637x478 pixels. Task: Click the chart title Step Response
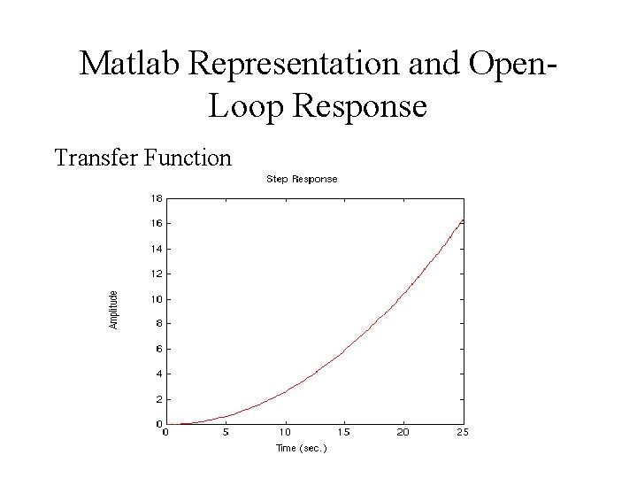tap(302, 179)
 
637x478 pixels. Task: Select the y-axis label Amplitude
tap(113, 310)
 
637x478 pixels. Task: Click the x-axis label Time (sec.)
tap(302, 448)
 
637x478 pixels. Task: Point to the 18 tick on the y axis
tap(156, 197)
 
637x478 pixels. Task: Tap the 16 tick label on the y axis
tap(156, 223)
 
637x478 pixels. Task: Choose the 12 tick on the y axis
tap(156, 274)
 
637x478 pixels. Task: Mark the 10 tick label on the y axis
tap(156, 299)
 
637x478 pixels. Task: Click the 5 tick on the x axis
tap(226, 432)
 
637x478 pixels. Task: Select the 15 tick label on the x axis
tap(344, 432)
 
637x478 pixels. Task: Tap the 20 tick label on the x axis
tap(403, 432)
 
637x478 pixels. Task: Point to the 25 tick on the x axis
tap(463, 432)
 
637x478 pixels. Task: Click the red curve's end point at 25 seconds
tap(463, 220)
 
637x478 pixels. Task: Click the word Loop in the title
tap(243, 107)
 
